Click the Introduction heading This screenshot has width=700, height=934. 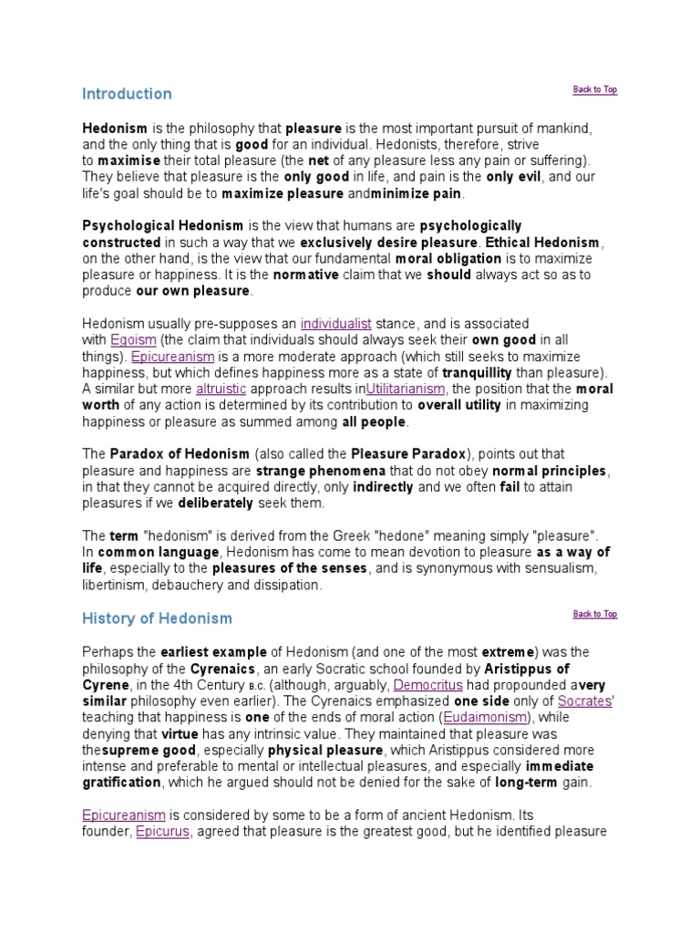coord(127,94)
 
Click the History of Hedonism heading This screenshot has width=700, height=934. coord(157,618)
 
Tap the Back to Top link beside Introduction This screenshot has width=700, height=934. coord(594,89)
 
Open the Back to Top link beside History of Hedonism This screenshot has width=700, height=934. coord(594,614)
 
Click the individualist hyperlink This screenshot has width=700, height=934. coord(335,324)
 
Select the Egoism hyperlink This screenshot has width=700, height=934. coord(128,339)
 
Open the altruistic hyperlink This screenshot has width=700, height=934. coord(216,389)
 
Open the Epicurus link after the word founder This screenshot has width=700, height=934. coord(162,832)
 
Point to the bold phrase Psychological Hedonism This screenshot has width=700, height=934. coord(163,225)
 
